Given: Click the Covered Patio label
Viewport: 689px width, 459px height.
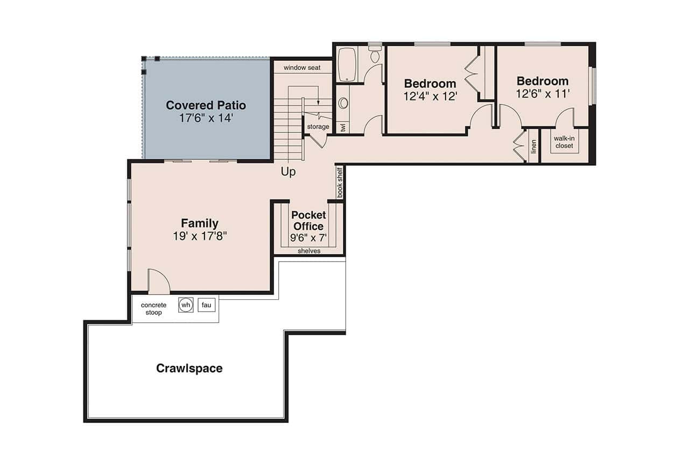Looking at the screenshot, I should point(206,105).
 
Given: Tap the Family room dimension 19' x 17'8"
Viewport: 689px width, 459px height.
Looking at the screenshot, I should point(200,236).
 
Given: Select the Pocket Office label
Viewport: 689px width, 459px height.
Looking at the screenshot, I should point(308,221).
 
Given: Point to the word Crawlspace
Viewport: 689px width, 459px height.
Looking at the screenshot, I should point(189,369).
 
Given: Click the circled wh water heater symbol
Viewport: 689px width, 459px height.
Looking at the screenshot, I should point(186,305).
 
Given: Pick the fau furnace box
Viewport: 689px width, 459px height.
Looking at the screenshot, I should point(206,305).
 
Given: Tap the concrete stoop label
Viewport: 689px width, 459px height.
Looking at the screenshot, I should point(153,308).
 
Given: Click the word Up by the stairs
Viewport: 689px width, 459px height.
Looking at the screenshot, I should point(288,172).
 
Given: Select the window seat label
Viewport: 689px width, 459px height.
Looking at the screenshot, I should point(302,68).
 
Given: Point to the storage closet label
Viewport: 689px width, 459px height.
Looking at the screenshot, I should point(318,127).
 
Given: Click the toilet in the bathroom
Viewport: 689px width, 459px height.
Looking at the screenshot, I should point(375,55).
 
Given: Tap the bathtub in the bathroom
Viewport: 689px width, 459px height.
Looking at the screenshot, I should point(347,65).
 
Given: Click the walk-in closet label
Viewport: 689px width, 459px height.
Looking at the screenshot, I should point(564,142).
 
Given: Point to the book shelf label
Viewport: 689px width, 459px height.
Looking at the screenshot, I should point(340,183).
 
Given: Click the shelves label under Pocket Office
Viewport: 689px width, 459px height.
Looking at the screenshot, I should point(309,251).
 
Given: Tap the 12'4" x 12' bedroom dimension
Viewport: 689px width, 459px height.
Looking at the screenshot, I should point(430,97).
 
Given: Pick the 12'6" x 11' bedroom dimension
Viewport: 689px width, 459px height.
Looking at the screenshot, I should point(543,94).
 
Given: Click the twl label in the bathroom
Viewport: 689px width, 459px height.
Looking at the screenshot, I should point(343,128).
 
